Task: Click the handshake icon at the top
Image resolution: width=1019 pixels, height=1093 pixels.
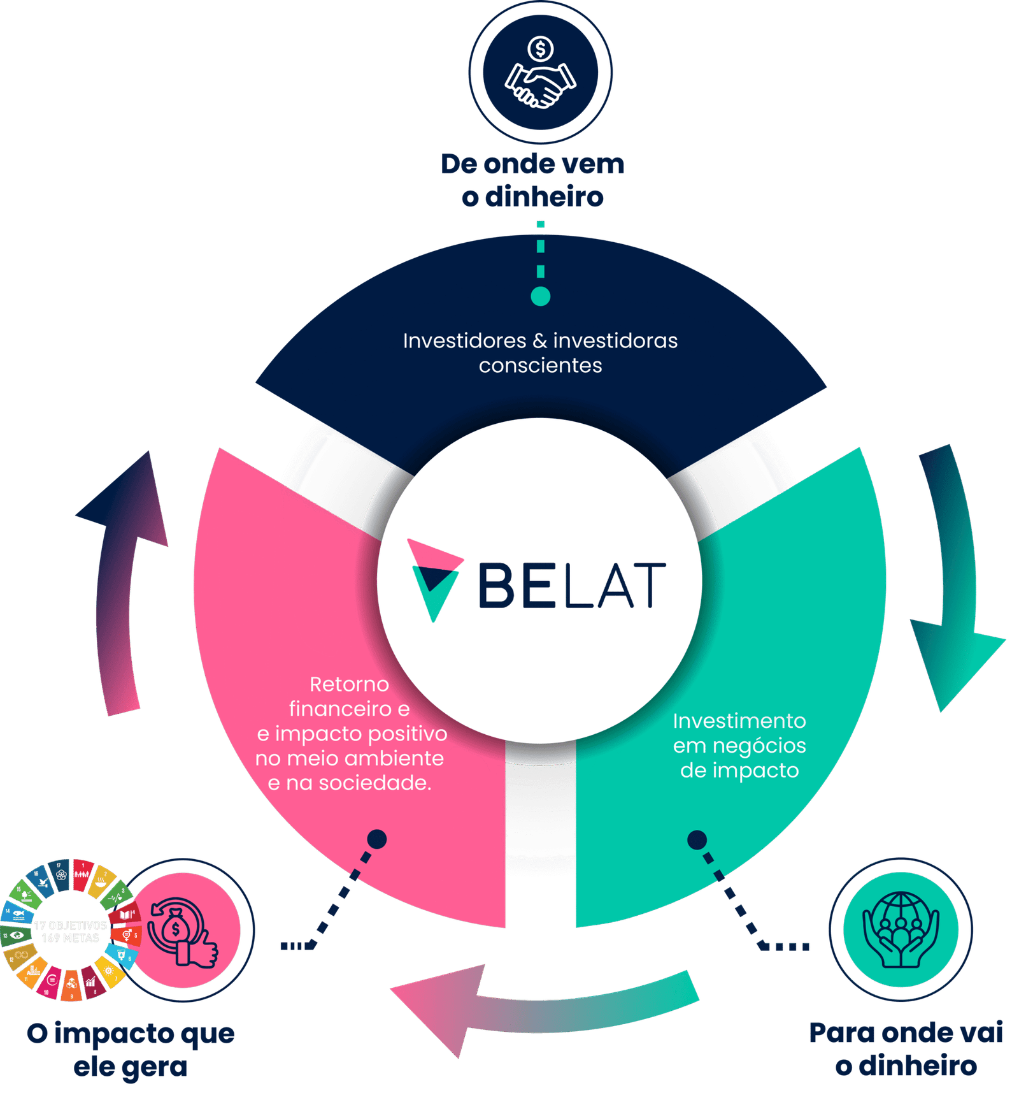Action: tap(540, 85)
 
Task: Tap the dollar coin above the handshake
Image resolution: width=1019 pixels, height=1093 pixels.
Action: tap(540, 48)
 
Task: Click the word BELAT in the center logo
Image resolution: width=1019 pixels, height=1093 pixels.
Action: tap(571, 584)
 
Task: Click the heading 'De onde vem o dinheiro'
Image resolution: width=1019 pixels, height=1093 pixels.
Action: tap(532, 180)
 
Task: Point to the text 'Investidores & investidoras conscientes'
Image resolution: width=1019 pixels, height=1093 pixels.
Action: tap(540, 352)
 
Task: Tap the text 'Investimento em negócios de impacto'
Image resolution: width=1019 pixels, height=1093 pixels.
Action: tap(739, 745)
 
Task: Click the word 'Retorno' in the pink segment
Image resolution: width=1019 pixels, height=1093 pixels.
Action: tap(349, 684)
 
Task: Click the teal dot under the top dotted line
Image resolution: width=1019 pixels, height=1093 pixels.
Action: tap(540, 296)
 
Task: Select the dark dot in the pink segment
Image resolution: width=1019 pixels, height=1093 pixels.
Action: tap(377, 839)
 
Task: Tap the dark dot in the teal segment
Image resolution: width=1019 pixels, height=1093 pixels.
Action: tap(697, 839)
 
